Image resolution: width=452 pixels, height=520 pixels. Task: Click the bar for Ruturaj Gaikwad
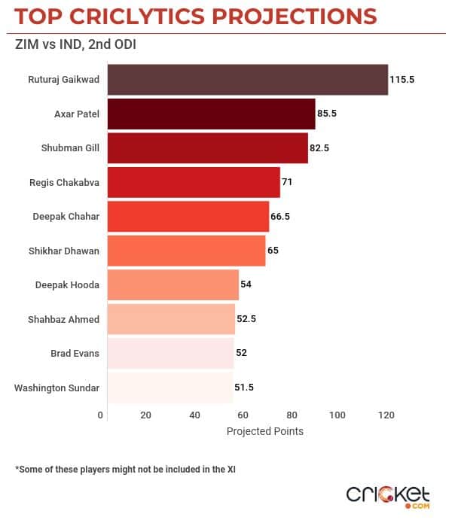point(248,80)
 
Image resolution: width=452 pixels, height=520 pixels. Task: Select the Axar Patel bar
point(212,114)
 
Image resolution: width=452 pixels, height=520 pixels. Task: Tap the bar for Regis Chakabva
point(194,182)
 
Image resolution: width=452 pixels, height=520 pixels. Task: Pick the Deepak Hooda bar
point(173,284)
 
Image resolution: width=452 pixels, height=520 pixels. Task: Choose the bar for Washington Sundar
point(170,388)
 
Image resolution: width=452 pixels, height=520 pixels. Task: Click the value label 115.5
point(403,79)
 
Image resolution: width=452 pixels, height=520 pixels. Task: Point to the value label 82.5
point(320,148)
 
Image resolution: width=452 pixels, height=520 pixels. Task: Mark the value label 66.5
point(281,217)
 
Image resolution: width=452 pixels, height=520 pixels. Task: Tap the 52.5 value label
point(248,319)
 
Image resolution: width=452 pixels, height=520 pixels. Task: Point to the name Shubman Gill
point(70,148)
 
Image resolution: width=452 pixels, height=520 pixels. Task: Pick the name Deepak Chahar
point(66,217)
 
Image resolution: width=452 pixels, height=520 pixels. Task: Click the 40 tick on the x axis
point(194,415)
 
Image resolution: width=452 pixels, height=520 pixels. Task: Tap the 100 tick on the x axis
point(337,415)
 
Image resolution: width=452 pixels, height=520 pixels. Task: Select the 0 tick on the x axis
point(101,415)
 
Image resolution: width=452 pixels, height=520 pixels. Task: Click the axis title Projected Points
point(264,431)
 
